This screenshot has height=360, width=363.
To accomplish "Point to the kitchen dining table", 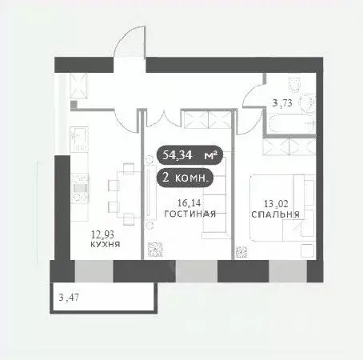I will (123, 186).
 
